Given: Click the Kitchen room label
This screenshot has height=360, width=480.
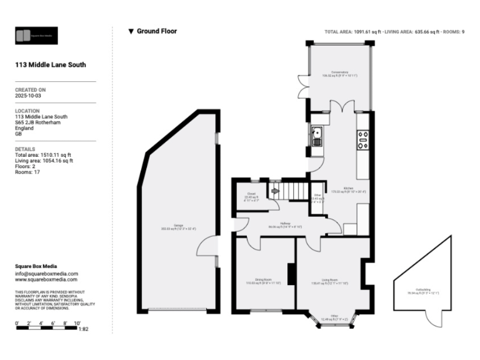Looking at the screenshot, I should tap(348, 189).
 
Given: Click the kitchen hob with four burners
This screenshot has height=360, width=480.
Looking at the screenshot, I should tap(363, 140).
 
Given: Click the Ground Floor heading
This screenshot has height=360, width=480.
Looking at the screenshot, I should tap(156, 31).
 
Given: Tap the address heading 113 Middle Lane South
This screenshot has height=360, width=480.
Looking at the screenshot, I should tap(50, 64).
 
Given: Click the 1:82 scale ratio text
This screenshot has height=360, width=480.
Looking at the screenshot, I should tap(83, 329).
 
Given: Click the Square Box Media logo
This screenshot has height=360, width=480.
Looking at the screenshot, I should tap(36, 36).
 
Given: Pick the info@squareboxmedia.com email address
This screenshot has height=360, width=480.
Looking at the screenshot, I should tap(46, 273).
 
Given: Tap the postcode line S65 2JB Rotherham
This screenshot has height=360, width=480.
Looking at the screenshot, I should tap(41, 122).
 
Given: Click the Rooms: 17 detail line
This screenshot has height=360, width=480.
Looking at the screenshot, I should tap(29, 172).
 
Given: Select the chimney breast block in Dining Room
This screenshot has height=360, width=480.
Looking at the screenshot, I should tap(291, 274).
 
